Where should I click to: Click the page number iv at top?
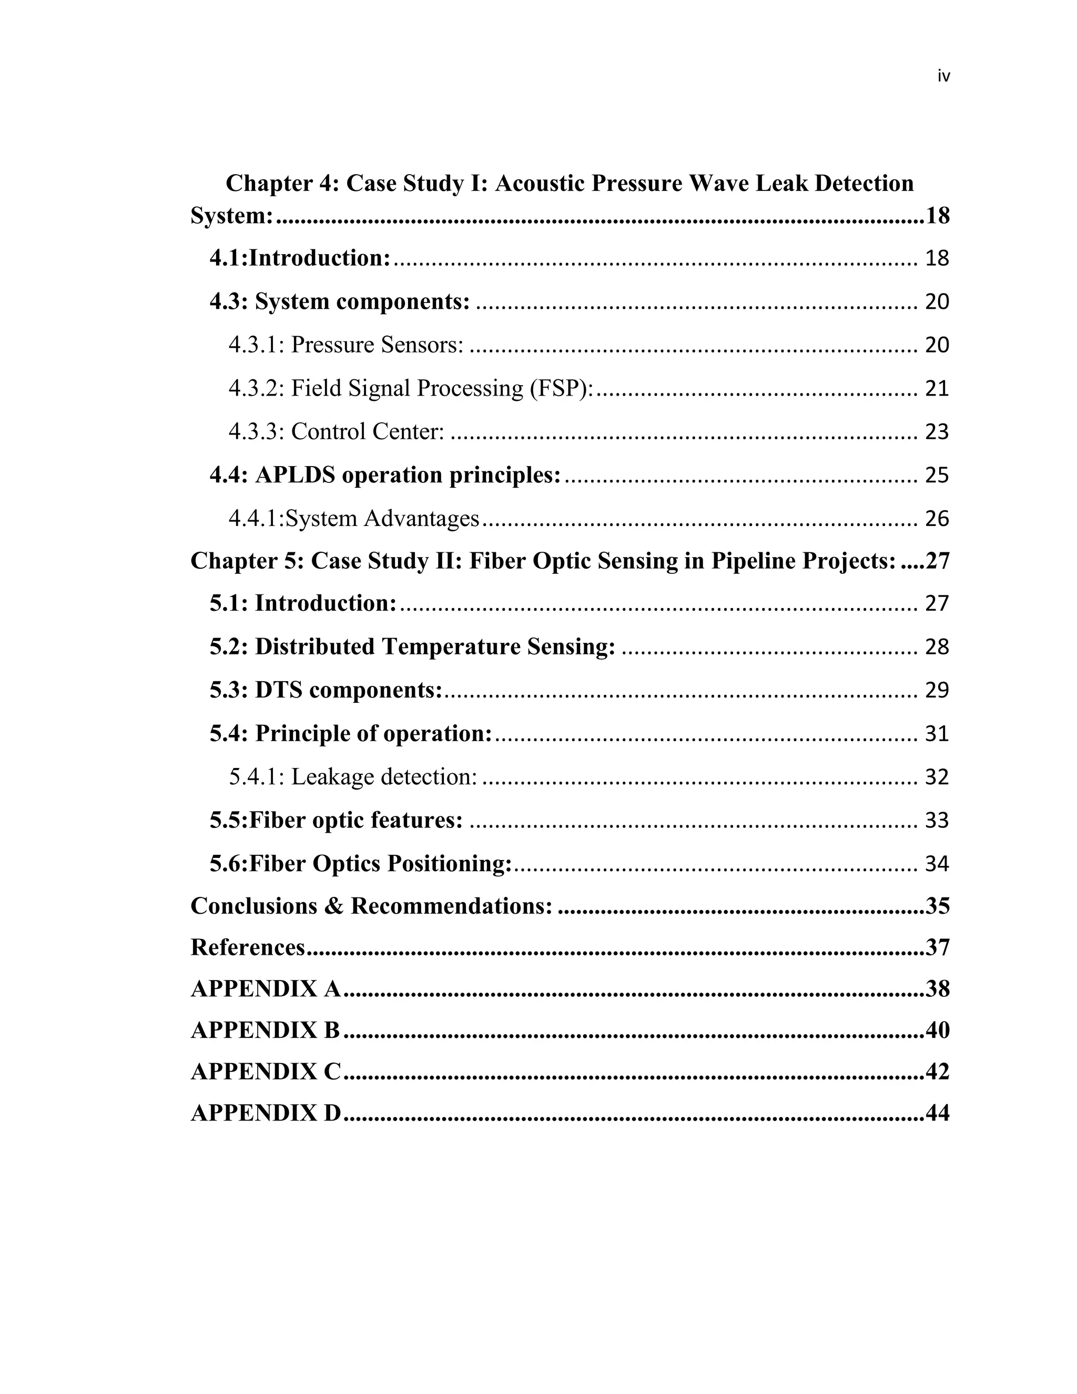tap(943, 77)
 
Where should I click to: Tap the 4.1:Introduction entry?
tap(300, 258)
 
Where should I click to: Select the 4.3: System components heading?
tap(339, 301)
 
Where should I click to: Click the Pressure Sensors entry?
tap(377, 345)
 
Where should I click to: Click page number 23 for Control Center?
tap(937, 432)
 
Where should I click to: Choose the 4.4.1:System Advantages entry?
tap(353, 518)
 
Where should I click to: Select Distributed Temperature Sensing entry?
tap(412, 647)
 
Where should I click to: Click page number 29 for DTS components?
tap(937, 691)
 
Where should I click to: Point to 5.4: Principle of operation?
tap(351, 733)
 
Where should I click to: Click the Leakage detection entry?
tap(383, 777)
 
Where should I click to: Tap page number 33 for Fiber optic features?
tap(937, 820)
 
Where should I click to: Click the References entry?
tap(248, 948)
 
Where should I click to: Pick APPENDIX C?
tap(266, 1072)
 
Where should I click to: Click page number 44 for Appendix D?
tap(937, 1113)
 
